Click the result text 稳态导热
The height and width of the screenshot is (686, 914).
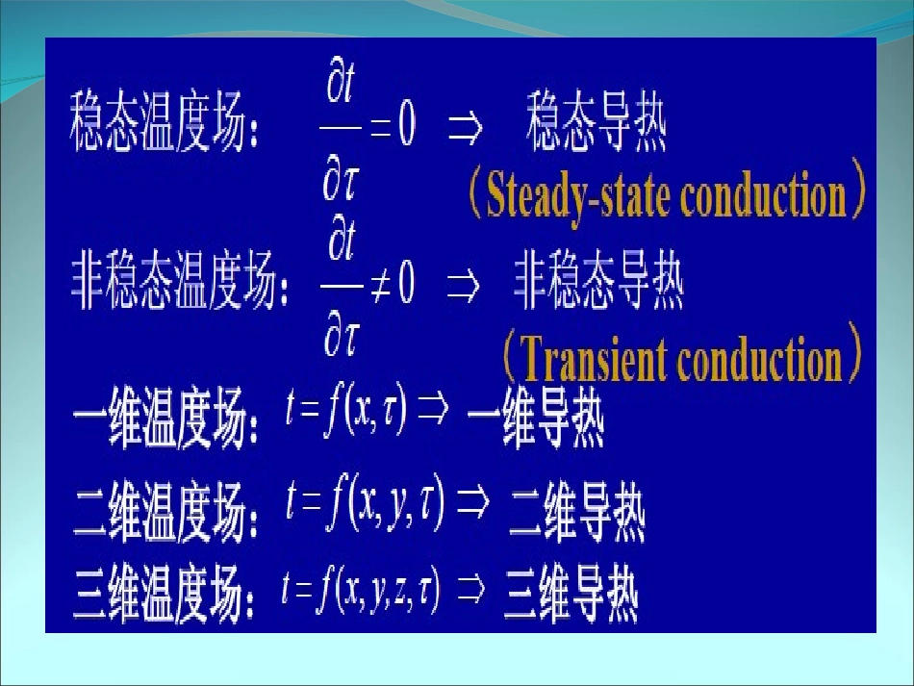[x=597, y=129]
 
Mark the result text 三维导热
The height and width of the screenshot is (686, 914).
[x=570, y=597]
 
